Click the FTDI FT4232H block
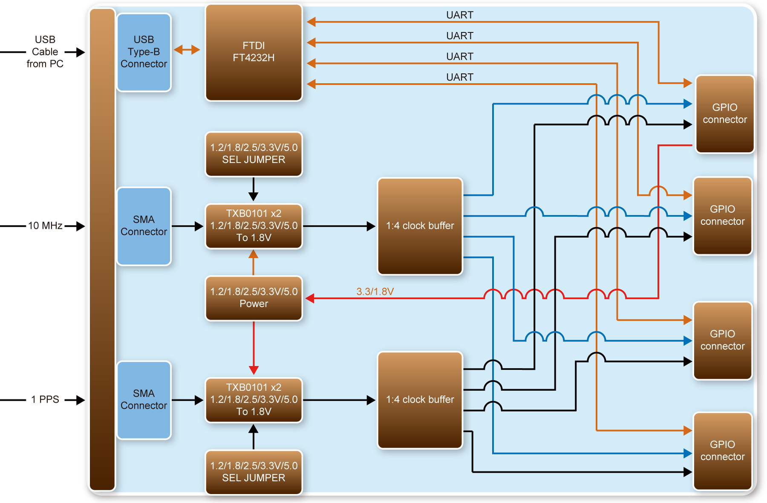point(254,52)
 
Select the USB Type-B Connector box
point(144,52)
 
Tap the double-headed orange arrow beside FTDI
point(187,50)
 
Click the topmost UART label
point(459,15)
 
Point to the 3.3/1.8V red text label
point(375,292)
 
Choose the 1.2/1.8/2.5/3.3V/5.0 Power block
point(254,298)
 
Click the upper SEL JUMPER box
point(254,154)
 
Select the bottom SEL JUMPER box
point(254,472)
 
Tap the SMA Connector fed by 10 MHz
point(144,226)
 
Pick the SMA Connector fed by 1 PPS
point(144,400)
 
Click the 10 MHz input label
point(45,225)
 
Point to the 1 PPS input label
point(45,399)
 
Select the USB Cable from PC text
point(45,52)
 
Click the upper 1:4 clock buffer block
point(420,226)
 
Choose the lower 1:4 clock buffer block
point(420,400)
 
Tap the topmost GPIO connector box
point(724,114)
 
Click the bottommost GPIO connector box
point(722,451)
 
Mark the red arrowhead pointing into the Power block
point(310,298)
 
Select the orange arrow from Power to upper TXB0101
point(254,262)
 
